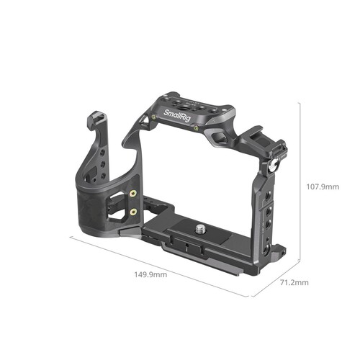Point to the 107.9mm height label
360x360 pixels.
[x=322, y=186]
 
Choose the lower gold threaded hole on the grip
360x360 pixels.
[x=133, y=213]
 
